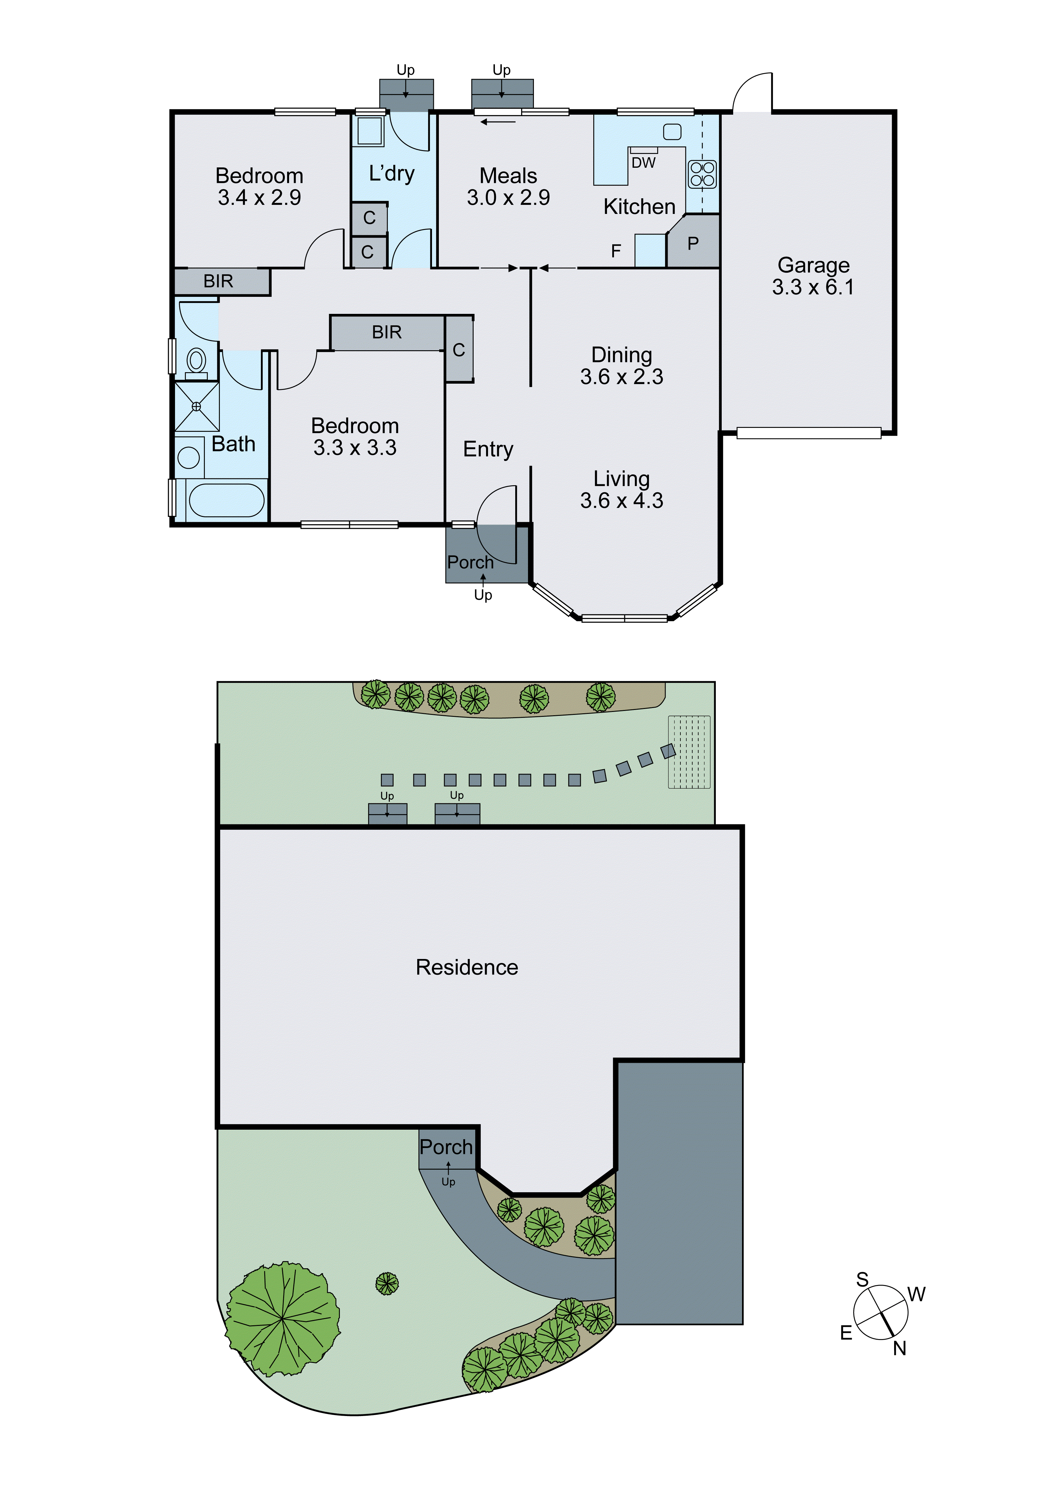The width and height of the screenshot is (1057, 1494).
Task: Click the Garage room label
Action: click(813, 265)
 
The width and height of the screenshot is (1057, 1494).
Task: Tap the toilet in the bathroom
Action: click(196, 361)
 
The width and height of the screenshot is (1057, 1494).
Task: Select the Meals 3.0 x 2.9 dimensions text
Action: click(508, 197)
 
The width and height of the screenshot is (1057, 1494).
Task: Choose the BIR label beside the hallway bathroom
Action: click(218, 281)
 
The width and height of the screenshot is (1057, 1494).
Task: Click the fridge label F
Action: click(616, 251)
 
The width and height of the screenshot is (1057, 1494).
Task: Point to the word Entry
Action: click(488, 449)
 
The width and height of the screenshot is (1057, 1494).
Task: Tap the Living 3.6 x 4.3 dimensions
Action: click(621, 500)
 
